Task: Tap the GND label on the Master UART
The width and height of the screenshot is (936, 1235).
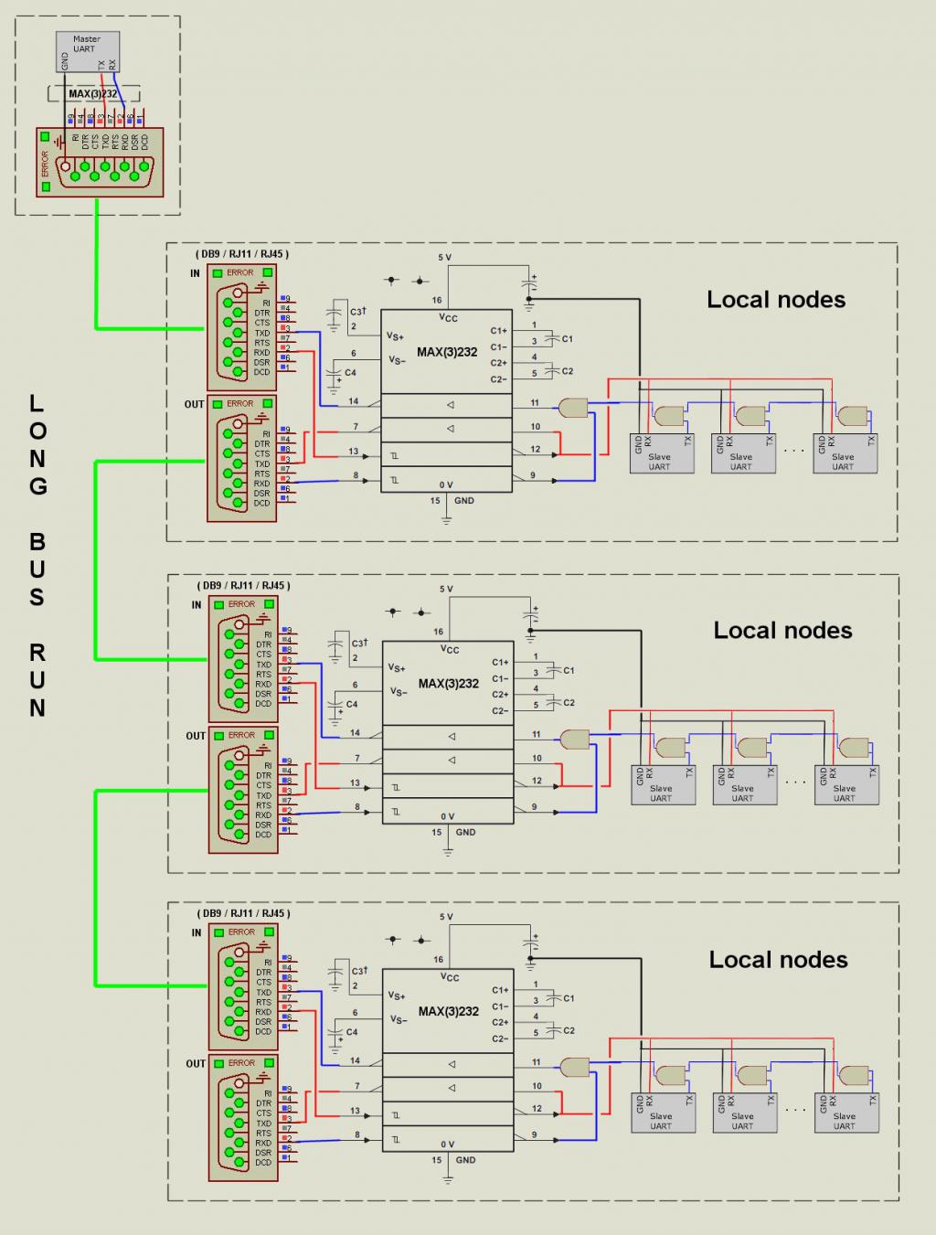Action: (x=65, y=61)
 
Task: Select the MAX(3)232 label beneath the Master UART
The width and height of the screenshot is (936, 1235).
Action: (x=93, y=93)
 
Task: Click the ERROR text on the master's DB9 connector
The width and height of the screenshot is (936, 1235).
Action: (x=45, y=164)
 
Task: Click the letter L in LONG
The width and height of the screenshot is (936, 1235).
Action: (x=37, y=403)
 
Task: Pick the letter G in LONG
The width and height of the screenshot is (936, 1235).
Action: (x=37, y=486)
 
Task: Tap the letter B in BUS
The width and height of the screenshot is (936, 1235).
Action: (x=37, y=542)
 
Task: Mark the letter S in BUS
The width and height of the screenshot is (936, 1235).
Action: (x=37, y=598)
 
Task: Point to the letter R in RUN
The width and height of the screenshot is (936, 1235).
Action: (x=37, y=653)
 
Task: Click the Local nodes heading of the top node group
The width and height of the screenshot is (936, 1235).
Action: (x=776, y=300)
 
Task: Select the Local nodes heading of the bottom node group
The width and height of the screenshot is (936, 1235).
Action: (x=778, y=960)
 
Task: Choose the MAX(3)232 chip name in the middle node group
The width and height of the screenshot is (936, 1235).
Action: (x=449, y=684)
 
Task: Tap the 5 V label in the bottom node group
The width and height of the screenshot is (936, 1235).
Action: (x=445, y=917)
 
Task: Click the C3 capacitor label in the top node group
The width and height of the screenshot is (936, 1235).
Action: (x=357, y=313)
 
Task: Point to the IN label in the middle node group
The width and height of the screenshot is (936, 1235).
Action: (x=196, y=605)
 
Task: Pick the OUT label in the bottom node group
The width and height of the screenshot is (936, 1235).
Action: (x=196, y=1064)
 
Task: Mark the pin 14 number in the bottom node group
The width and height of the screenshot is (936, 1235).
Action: (x=355, y=1061)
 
